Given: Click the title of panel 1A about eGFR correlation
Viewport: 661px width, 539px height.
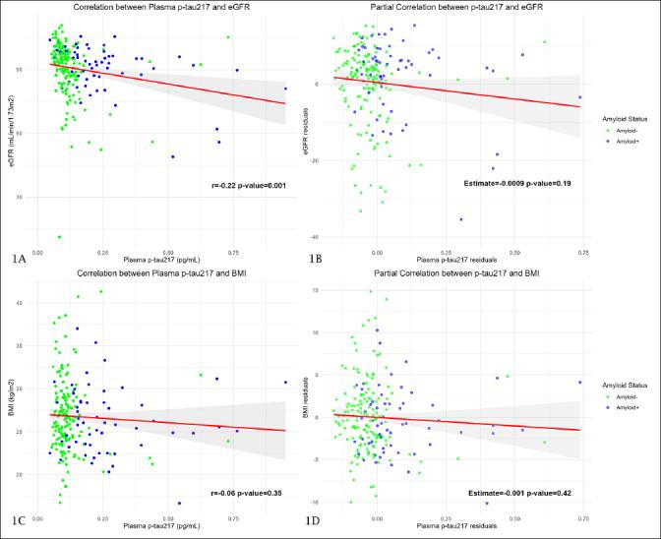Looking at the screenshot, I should pos(161,9).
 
